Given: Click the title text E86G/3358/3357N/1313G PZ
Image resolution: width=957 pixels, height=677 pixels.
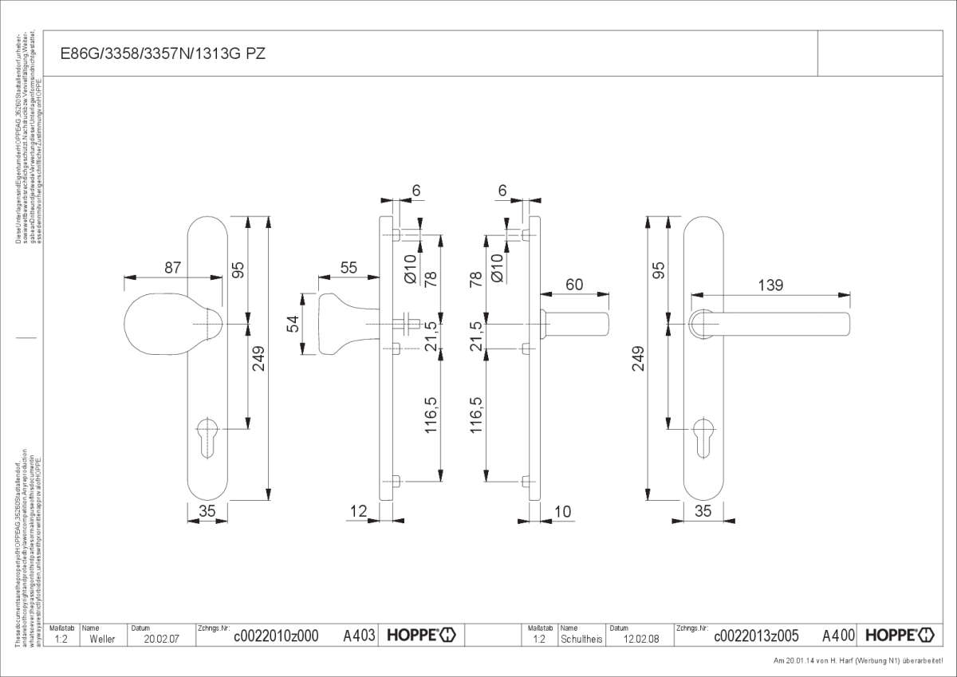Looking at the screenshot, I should (x=163, y=54).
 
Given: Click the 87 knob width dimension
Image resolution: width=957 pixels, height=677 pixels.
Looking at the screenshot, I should (x=173, y=268).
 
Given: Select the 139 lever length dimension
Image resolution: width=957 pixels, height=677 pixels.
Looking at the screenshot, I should (x=770, y=285).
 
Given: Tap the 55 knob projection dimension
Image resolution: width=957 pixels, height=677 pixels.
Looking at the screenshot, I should (x=349, y=268).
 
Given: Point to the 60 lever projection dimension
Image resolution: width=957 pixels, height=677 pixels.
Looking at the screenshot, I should (x=574, y=284).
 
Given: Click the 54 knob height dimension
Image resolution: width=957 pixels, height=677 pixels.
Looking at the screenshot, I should (x=293, y=325).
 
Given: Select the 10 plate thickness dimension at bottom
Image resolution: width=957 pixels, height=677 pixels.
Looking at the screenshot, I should (x=561, y=512).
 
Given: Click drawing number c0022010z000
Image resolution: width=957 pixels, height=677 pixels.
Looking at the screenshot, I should (x=276, y=636).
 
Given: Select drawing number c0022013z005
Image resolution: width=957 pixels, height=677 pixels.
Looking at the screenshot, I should (x=756, y=636).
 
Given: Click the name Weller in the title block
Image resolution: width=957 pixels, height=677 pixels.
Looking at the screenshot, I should (x=102, y=639).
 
